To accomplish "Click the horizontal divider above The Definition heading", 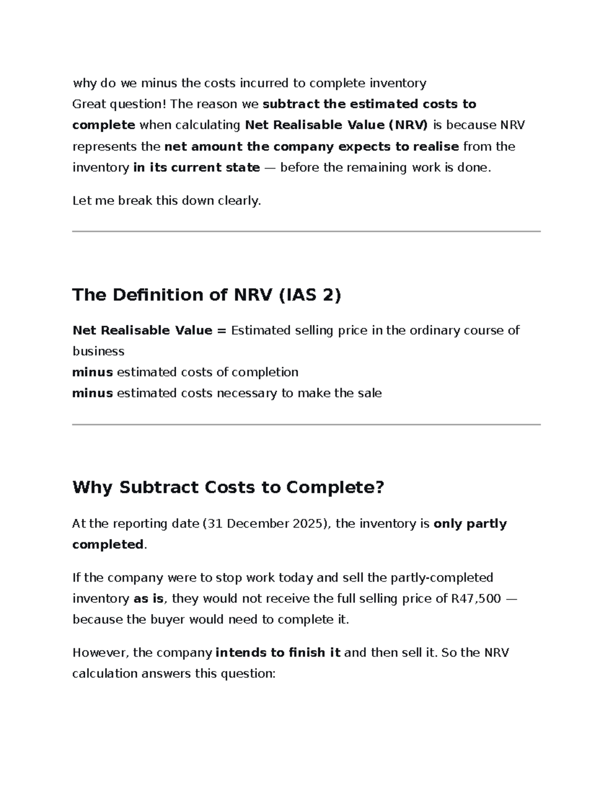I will [x=306, y=231].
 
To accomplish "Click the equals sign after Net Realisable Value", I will [x=221, y=330].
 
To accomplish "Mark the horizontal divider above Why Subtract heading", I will [x=306, y=424].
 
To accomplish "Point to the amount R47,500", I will [x=476, y=598].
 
